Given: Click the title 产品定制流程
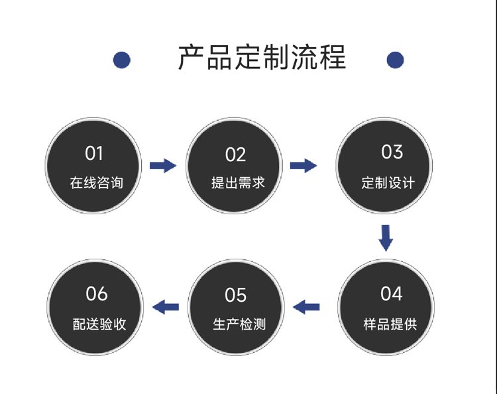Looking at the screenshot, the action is [x=262, y=58].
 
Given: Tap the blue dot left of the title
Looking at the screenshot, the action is [x=122, y=60].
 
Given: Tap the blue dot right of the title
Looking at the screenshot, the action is [x=395, y=60].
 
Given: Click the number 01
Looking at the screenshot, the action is [x=94, y=153].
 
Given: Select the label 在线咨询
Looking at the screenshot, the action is [x=96, y=182].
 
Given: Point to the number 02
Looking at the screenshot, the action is [x=235, y=155].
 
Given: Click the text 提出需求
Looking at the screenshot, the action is [x=238, y=182].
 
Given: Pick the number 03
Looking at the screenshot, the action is [x=392, y=152].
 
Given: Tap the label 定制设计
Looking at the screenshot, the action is [x=388, y=182].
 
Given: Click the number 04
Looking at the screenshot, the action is [x=392, y=293].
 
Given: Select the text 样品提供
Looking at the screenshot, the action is [x=390, y=324].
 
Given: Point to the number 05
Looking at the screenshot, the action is [x=235, y=295].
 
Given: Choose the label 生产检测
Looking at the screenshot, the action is [x=239, y=324].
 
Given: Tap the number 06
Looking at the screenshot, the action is [x=97, y=293].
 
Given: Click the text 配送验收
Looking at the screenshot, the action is [x=99, y=324].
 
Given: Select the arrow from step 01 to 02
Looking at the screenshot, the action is [x=163, y=165].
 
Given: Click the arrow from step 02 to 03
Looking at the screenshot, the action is [x=304, y=165].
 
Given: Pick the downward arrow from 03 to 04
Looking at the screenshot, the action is [x=386, y=238].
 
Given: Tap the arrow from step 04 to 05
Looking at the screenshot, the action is [x=306, y=306].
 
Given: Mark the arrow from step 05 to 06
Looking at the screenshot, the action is [x=166, y=306].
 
